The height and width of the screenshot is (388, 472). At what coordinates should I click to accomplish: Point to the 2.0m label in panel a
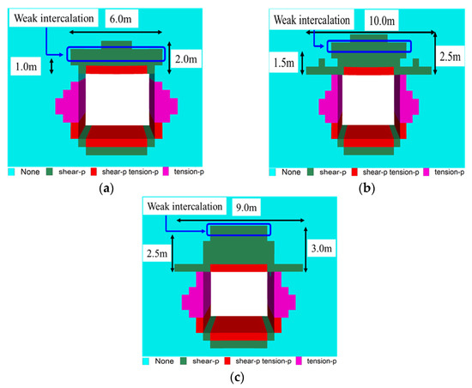click(x=191, y=58)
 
